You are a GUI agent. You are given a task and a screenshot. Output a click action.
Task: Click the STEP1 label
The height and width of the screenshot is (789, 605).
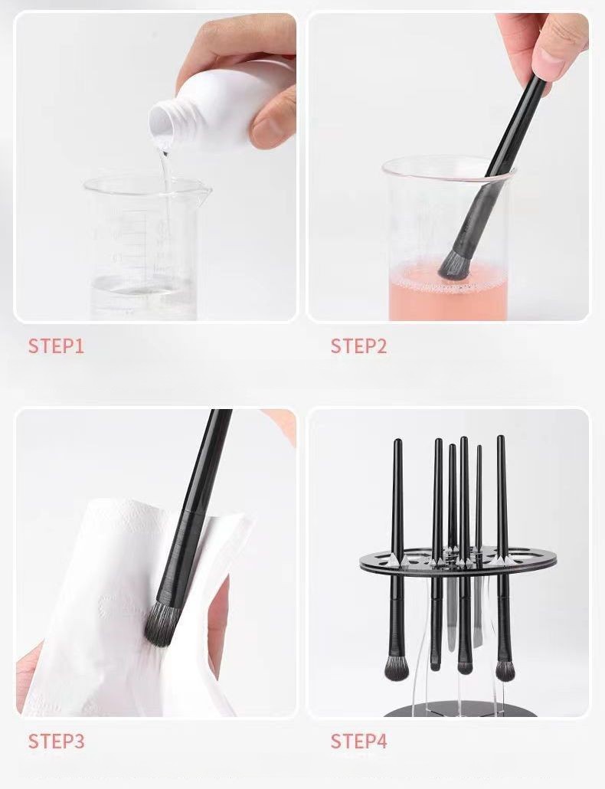click(56, 346)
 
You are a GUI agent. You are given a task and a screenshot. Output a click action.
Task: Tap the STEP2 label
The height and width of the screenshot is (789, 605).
click(358, 346)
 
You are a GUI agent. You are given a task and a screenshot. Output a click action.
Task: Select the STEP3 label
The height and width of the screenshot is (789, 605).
click(56, 742)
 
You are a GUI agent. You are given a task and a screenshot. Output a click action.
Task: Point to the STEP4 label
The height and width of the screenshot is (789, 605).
click(358, 742)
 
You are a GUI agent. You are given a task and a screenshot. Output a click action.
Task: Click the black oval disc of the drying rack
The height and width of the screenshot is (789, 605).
click(458, 561)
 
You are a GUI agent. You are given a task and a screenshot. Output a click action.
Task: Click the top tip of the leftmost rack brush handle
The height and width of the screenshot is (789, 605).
click(397, 440)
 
